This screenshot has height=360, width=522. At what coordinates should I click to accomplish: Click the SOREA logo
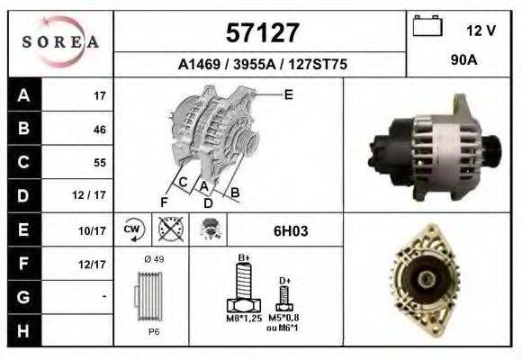click(60, 41)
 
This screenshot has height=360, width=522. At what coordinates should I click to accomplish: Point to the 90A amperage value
click(464, 60)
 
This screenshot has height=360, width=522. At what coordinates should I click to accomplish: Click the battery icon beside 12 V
click(426, 27)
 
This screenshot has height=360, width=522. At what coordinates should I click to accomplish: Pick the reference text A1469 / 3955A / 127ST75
click(263, 64)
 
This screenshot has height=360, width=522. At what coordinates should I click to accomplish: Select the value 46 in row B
click(99, 130)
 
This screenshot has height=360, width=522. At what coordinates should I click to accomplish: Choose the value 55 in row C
click(99, 163)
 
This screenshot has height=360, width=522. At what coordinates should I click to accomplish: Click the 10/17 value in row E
click(93, 231)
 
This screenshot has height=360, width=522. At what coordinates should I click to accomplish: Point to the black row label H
click(22, 331)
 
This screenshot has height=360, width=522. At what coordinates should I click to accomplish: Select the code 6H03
click(291, 231)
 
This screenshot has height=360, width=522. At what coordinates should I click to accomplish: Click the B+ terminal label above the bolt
click(243, 258)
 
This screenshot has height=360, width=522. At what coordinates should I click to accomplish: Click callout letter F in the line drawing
click(164, 201)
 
